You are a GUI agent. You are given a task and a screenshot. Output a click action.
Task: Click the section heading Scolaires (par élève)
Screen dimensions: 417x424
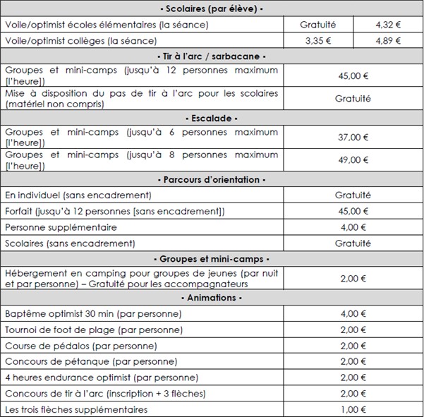(212, 9)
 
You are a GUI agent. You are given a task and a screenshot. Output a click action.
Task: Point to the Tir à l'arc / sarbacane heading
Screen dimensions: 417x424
(212, 56)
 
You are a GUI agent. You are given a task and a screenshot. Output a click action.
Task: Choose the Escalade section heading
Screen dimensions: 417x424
(212, 118)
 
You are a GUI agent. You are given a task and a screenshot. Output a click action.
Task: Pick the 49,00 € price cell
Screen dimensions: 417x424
(353, 160)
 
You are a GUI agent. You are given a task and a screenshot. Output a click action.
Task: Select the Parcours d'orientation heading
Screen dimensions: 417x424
(212, 180)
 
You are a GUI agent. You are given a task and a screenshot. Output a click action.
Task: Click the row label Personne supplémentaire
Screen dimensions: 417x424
(61, 227)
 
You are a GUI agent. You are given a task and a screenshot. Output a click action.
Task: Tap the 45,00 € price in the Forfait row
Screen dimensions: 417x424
(353, 211)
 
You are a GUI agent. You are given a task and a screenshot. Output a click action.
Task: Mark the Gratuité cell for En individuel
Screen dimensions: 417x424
(353, 195)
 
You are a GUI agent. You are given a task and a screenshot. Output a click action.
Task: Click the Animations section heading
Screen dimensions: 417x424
(212, 298)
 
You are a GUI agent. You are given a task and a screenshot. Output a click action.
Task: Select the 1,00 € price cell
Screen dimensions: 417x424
(353, 409)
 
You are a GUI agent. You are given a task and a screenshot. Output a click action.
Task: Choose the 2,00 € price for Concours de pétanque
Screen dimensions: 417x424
(353, 361)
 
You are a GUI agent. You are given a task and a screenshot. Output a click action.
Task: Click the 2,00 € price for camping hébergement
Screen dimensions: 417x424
(353, 279)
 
